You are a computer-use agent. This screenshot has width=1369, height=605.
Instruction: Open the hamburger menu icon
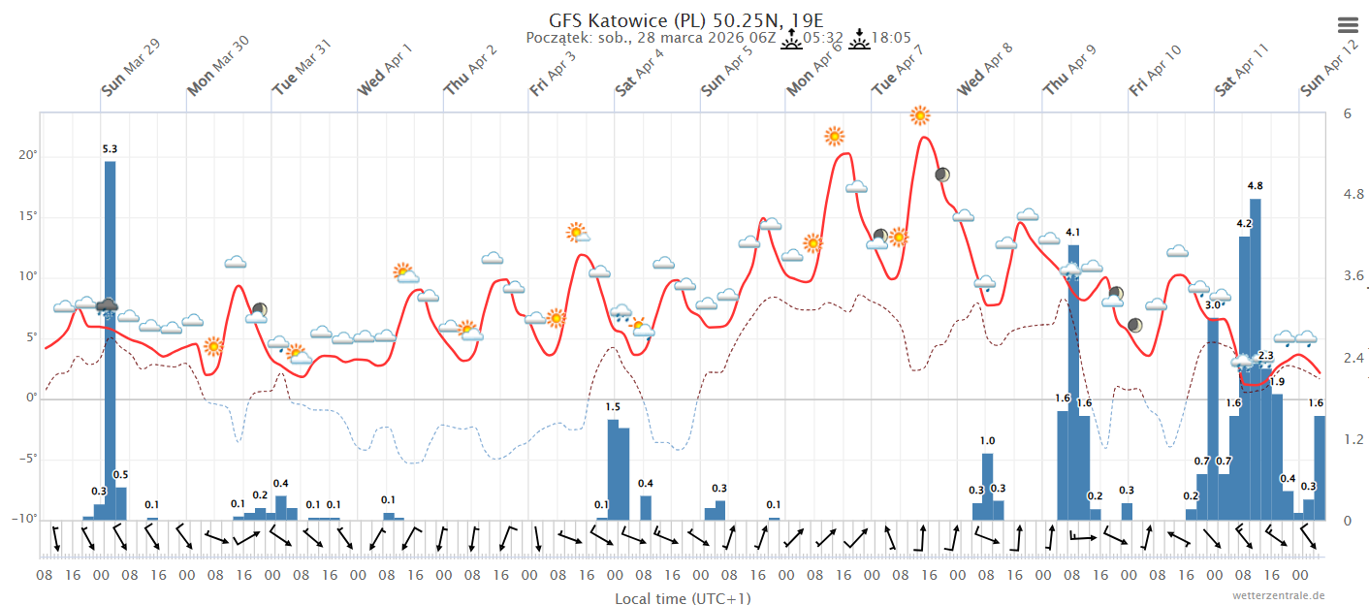click(1348, 25)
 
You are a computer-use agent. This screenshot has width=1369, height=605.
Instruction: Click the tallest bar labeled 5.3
click(111, 339)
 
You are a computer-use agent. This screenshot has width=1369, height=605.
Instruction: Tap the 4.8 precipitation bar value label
click(1255, 185)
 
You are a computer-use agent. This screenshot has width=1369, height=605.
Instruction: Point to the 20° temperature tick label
click(30, 156)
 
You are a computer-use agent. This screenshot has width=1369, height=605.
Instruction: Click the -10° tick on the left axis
click(26, 520)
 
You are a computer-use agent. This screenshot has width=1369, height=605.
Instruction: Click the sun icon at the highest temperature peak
click(920, 116)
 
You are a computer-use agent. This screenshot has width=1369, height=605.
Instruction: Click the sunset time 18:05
click(890, 38)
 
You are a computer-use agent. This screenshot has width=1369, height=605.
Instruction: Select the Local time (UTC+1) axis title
click(683, 598)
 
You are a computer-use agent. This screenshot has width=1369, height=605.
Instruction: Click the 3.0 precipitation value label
click(1213, 305)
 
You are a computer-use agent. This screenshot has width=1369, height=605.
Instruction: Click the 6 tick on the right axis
click(1347, 113)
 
